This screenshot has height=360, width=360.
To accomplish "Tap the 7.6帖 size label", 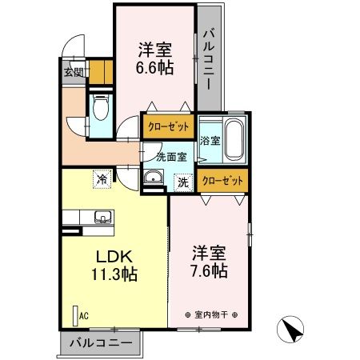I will [209, 271].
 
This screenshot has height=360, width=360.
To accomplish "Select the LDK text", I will [114, 258].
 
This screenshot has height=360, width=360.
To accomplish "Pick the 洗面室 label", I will [170, 157].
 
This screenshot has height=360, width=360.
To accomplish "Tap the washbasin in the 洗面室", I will [154, 178].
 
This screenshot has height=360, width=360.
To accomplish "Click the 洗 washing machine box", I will [182, 182].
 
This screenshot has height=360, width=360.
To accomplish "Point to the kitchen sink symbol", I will [102, 217].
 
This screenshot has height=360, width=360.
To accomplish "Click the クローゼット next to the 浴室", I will [167, 126].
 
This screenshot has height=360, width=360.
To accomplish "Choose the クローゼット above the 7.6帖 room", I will [222, 181].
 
